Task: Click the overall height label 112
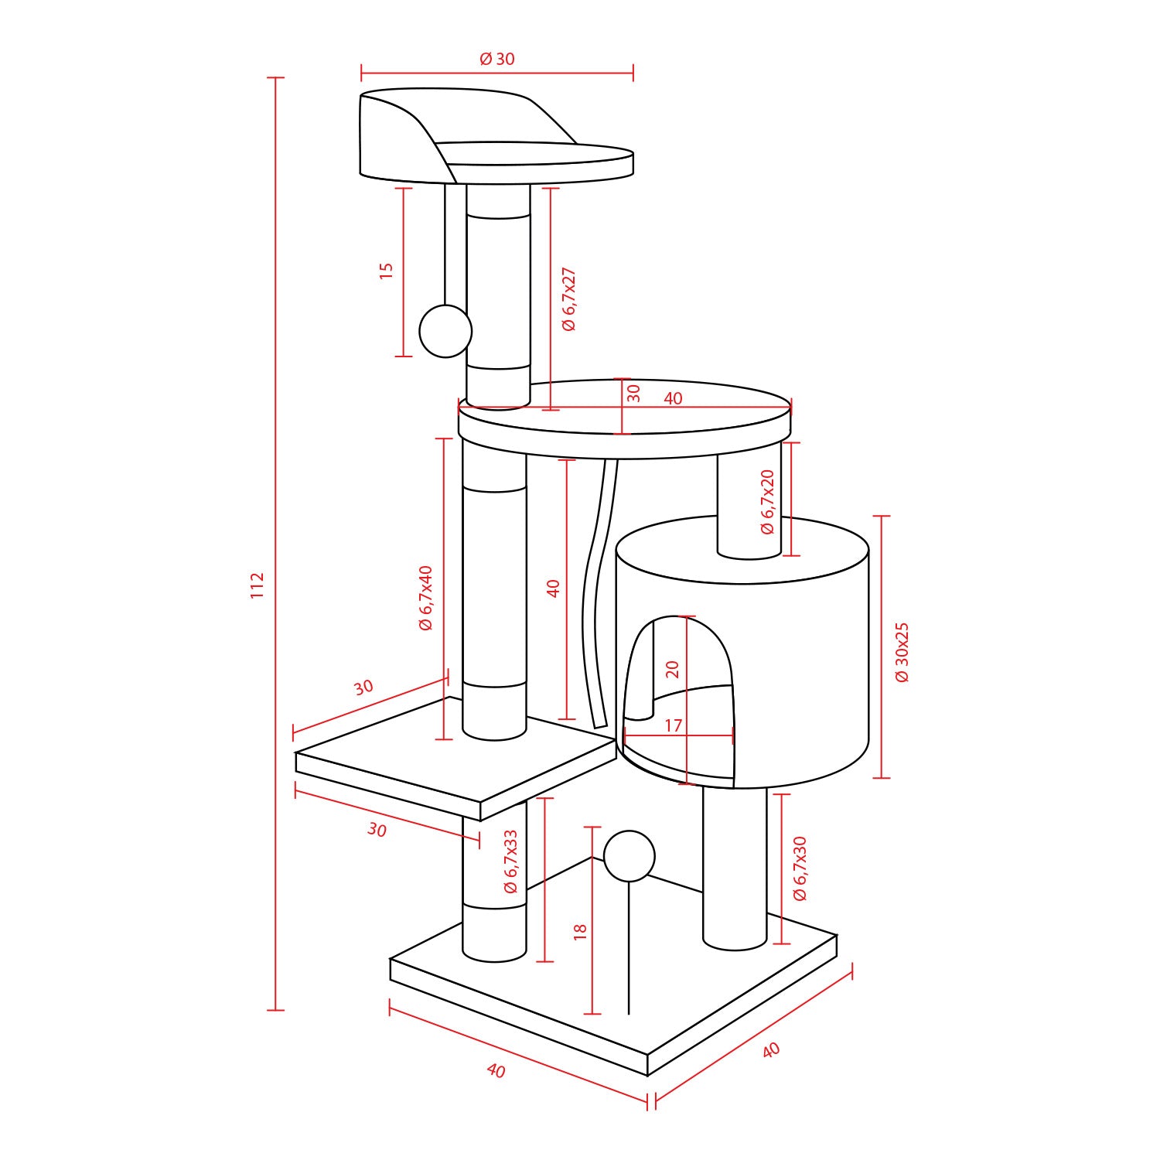(x=258, y=585)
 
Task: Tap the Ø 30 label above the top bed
(x=497, y=59)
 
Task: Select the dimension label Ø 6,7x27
(x=569, y=299)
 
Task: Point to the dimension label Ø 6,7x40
(x=425, y=598)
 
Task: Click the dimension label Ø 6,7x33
(x=510, y=862)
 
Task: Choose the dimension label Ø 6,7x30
(x=800, y=868)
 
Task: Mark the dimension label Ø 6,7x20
(x=767, y=502)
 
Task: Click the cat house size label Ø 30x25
(x=902, y=652)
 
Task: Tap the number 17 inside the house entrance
(x=674, y=725)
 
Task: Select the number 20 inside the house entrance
(x=672, y=669)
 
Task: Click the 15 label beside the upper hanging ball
(x=386, y=270)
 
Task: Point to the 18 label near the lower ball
(x=581, y=930)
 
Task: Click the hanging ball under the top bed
(x=445, y=331)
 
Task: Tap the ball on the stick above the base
(x=629, y=856)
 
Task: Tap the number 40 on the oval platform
(x=673, y=399)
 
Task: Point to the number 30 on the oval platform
(x=633, y=394)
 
